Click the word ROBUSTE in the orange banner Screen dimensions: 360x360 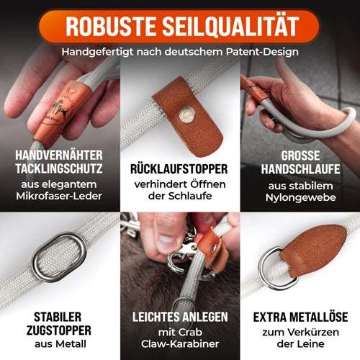click(x=111, y=26)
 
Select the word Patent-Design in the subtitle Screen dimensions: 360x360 click(x=262, y=52)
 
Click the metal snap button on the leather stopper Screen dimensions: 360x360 click(x=186, y=114)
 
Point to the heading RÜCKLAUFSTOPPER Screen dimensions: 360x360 click(x=179, y=169)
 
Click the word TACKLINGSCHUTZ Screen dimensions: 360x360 click(x=59, y=168)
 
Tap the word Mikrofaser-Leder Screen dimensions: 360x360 click(x=59, y=196)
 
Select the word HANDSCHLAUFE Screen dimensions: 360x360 click(x=300, y=169)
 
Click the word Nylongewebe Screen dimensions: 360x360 click(x=300, y=197)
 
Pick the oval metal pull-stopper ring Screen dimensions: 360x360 click(x=60, y=258)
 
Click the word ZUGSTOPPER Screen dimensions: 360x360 click(x=59, y=330)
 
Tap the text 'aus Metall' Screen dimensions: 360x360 click(x=60, y=344)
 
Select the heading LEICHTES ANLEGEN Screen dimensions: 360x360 click(x=180, y=317)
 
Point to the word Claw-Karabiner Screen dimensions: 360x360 click(x=180, y=344)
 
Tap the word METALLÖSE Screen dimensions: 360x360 click(x=319, y=317)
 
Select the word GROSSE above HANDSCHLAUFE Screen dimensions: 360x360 click(x=300, y=156)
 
